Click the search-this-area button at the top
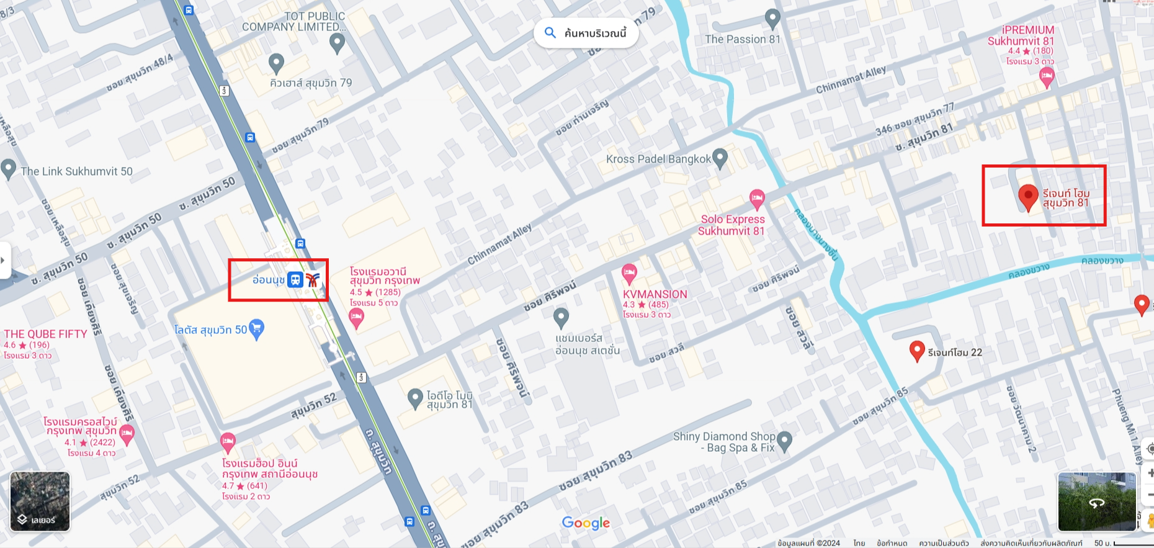point(586,33)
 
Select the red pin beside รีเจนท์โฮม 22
point(917,351)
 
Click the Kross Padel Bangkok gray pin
point(720,158)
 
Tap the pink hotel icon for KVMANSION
point(629,272)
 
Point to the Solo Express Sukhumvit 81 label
point(731,225)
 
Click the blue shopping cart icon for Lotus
point(256,329)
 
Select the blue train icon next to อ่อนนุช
point(295,280)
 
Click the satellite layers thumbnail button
point(40,501)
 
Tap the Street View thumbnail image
point(1096,501)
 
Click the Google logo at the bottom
point(586,523)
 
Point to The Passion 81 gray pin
point(772,19)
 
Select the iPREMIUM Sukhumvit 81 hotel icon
point(1047,77)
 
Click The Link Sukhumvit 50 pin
point(9,169)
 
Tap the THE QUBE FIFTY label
point(45,334)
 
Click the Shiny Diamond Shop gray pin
point(784,441)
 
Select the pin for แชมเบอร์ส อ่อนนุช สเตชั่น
point(561,317)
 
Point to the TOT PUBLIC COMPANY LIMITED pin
point(337,42)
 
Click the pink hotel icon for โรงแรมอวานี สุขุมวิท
point(356,318)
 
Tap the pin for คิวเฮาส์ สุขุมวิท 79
point(276,62)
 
